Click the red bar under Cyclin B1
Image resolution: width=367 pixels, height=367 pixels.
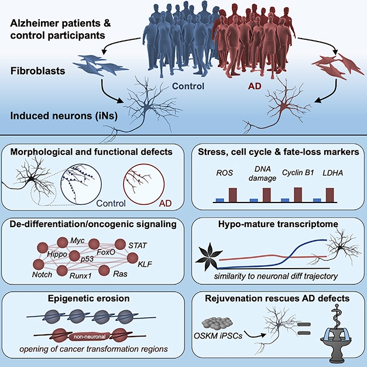click(297, 194)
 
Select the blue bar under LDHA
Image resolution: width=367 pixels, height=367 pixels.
click(318, 200)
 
